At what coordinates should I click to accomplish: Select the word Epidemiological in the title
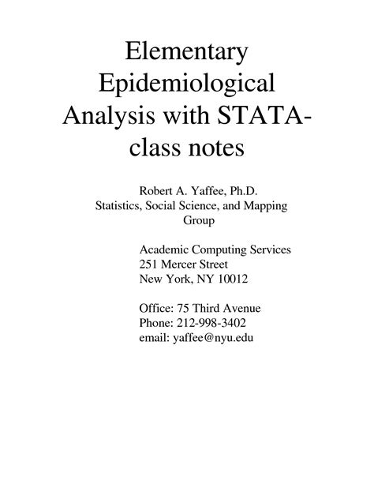[x=186, y=84]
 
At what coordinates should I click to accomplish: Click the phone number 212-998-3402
[x=216, y=322]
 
